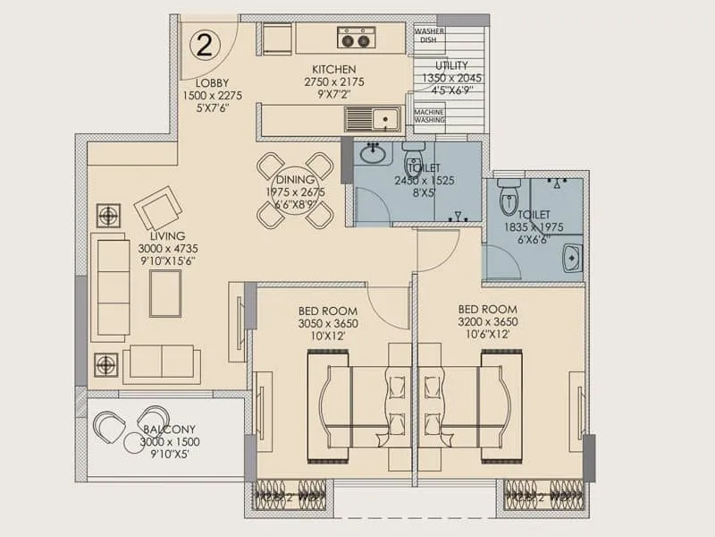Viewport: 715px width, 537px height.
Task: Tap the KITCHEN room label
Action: tap(333, 69)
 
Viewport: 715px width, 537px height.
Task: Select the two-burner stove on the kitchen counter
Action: tap(356, 38)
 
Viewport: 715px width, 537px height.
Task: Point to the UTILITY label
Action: tap(452, 65)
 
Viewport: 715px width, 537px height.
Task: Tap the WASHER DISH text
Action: tap(429, 35)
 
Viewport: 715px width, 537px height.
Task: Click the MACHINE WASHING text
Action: tap(429, 117)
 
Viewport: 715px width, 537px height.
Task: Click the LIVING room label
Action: tap(167, 235)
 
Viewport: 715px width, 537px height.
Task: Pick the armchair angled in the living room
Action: tap(158, 209)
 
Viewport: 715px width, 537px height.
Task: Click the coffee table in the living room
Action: tap(165, 293)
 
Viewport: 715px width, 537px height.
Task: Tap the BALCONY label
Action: tap(169, 430)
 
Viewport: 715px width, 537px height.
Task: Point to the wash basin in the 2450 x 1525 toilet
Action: tap(373, 155)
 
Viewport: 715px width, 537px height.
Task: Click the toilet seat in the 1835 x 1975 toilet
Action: tap(508, 197)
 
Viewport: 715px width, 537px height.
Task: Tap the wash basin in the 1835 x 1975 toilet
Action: tap(572, 258)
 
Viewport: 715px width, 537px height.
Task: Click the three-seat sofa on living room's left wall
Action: tap(113, 286)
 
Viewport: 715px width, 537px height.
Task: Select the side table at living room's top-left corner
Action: tap(108, 216)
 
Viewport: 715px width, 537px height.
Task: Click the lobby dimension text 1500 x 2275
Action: tap(213, 95)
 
